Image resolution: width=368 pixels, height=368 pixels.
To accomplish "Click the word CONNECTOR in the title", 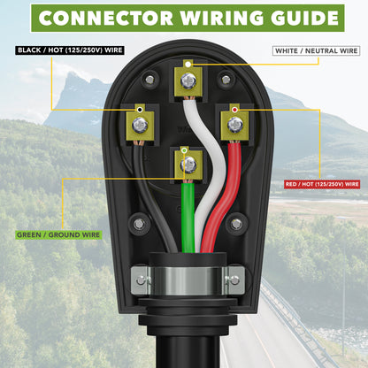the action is coord(106,18).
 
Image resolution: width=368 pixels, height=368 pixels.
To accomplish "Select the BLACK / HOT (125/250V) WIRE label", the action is coord(70,50).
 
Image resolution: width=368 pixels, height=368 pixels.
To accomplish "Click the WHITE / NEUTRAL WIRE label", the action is coord(317,50).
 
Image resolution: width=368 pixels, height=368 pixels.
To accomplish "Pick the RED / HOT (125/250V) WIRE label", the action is coord(322,184).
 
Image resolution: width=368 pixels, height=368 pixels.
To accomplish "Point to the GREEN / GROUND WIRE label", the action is coord(58,235).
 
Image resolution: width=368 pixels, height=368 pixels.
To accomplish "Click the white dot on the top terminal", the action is coord(188,64).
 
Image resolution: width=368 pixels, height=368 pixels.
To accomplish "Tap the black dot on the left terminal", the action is coord(140,110).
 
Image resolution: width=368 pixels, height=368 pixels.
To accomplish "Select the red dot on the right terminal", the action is coord(234,110).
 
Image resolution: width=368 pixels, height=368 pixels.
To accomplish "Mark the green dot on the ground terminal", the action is coord(185,150).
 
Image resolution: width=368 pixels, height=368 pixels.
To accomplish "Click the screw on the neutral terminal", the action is coord(188,80).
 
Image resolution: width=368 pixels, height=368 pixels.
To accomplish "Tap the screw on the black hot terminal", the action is coord(140,125).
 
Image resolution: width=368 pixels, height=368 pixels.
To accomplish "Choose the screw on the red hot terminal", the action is coord(235,125).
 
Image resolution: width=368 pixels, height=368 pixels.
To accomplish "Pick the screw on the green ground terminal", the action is coord(188,165).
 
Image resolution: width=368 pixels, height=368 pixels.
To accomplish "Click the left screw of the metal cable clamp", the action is coord(142,280).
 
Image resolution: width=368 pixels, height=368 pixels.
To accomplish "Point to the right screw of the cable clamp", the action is coord(234,280).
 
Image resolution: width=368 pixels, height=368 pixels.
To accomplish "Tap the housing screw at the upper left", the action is coord(150,80).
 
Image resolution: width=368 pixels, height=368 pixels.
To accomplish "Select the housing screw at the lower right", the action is coord(236,224).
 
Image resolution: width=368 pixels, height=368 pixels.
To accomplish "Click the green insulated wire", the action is coord(188,218).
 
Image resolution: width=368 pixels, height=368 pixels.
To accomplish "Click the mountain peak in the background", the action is coord(70,74).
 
